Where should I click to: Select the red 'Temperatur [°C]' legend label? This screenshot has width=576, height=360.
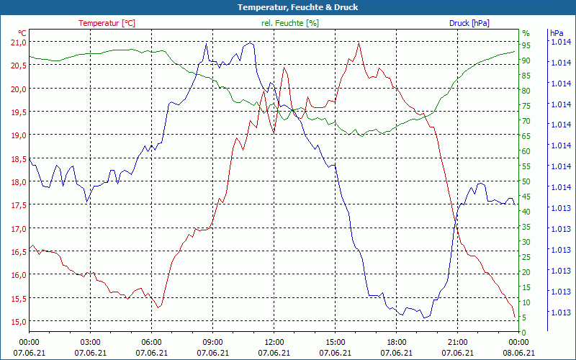(107, 23)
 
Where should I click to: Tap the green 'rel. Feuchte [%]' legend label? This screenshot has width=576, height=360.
(289, 23)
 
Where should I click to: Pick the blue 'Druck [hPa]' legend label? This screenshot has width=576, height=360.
(469, 23)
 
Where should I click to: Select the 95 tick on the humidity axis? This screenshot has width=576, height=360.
(526, 45)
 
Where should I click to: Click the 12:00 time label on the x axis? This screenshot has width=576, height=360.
(274, 342)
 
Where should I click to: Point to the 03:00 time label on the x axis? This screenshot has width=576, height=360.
(90, 342)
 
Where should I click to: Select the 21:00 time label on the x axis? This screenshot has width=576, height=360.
(457, 342)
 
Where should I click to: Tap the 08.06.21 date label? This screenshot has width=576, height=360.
(518, 353)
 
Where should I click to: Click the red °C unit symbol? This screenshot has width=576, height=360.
(22, 33)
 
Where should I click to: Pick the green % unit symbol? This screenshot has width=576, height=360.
(526, 33)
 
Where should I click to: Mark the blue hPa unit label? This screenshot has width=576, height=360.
(556, 33)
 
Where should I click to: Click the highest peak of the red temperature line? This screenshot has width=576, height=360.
(359, 42)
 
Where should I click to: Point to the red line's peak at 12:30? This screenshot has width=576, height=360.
(284, 68)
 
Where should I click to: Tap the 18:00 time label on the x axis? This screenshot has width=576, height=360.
(396, 342)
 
